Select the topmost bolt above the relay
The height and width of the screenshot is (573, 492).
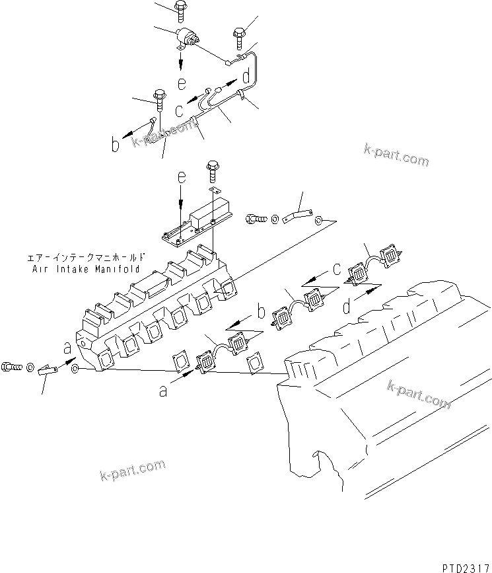(180, 9)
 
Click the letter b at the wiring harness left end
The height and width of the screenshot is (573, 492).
(116, 145)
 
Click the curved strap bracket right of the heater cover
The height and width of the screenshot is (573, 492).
(297, 216)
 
